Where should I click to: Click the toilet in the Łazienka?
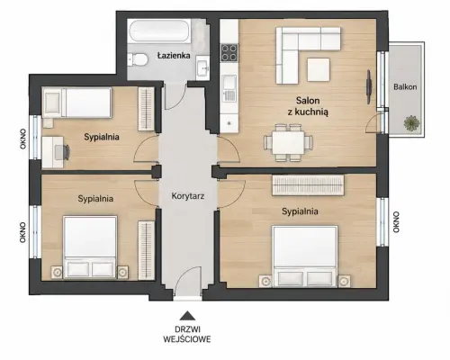coord(137,59)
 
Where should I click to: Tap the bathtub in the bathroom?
coord(159,31)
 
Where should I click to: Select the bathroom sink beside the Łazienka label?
coord(202,68)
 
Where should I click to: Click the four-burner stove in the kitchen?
coord(229,53)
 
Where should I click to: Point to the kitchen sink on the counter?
coord(229,88)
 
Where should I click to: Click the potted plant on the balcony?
coord(412,122)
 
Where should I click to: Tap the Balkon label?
coord(405,87)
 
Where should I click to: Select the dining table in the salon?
coord(288,142)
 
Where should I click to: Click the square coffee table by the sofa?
coord(319,69)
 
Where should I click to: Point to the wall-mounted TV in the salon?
coord(369,87)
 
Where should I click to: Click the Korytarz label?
coord(188,196)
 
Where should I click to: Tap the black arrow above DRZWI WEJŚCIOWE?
coord(187,316)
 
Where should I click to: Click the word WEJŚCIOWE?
coord(187,339)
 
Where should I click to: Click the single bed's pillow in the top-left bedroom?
coord(52,103)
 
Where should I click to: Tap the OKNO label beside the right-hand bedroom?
coord(396,222)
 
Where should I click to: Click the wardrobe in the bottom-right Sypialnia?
coord(308,185)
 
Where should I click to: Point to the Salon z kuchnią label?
coord(308,106)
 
